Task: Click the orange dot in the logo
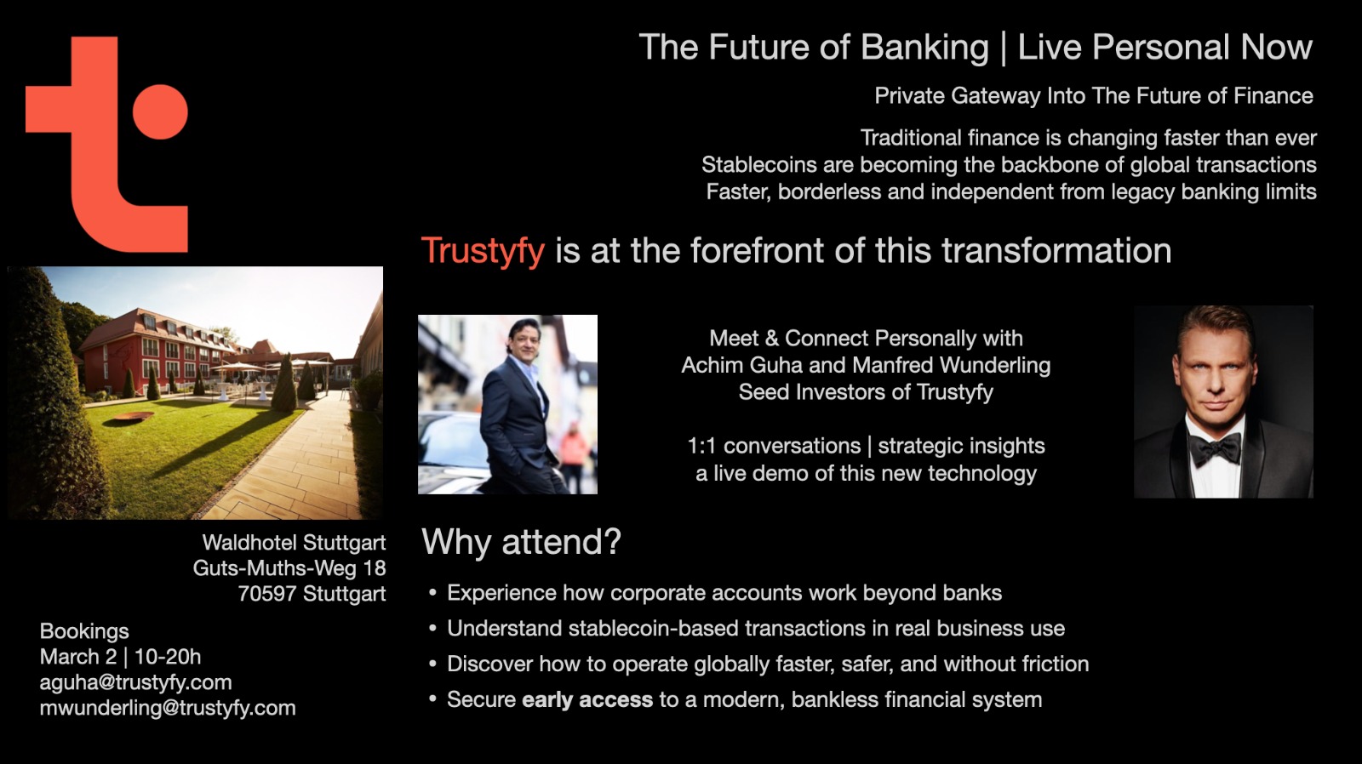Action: [x=160, y=111]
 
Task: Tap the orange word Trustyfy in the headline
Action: [x=483, y=250]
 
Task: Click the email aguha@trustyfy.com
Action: [x=135, y=682]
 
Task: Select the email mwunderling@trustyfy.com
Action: [x=168, y=708]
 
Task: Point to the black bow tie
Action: [x=1215, y=450]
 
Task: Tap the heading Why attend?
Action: [x=522, y=541]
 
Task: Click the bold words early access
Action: [x=587, y=699]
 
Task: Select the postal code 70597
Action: [x=267, y=593]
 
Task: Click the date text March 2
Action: [x=77, y=657]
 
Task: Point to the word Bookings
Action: [x=84, y=631]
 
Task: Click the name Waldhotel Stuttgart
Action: [x=295, y=542]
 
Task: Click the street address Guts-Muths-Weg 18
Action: [x=289, y=568]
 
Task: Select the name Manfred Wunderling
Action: [x=952, y=365]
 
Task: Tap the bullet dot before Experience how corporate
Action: [x=433, y=593]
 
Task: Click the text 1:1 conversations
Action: [x=774, y=446]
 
